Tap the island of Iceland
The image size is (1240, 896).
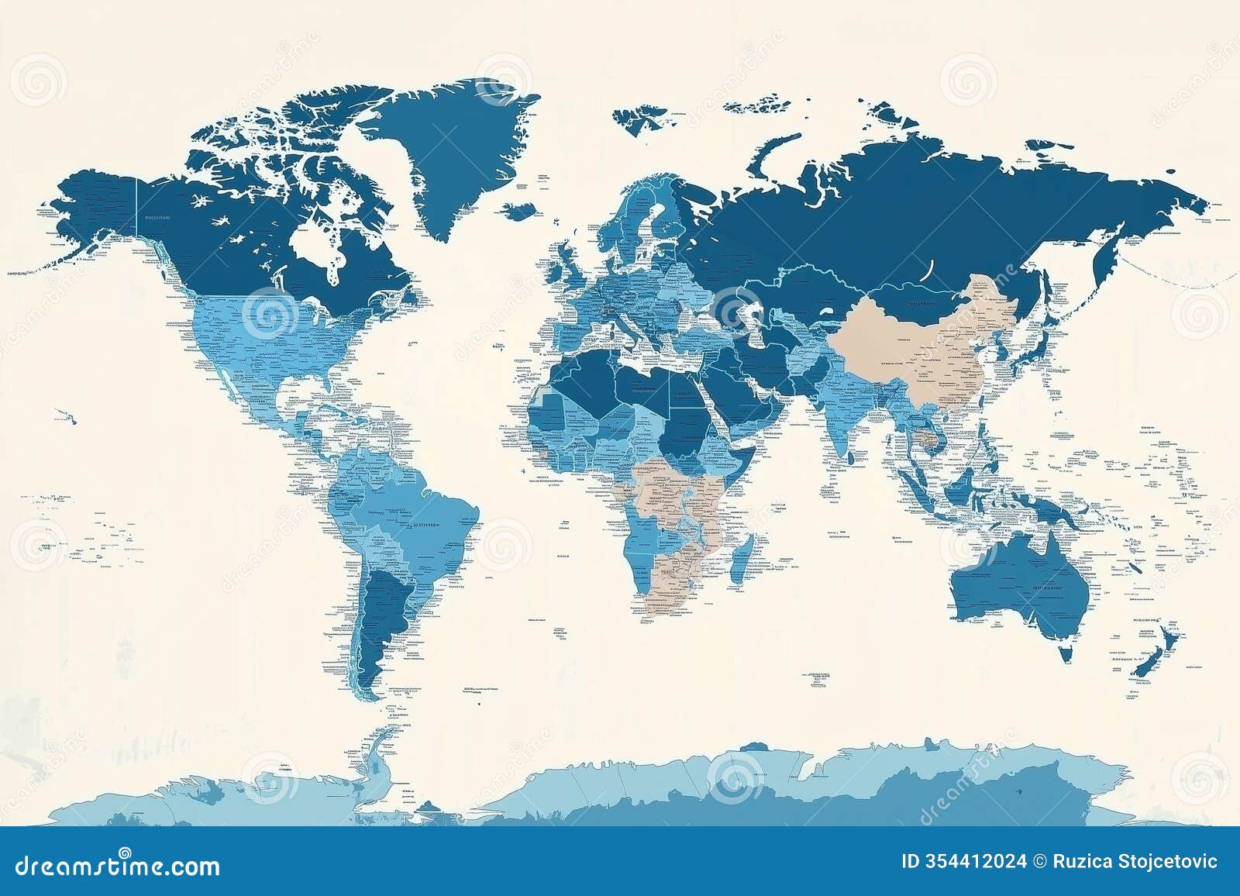tap(521, 210)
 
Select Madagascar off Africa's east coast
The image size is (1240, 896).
tap(742, 556)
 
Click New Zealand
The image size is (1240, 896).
tap(1155, 655)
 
